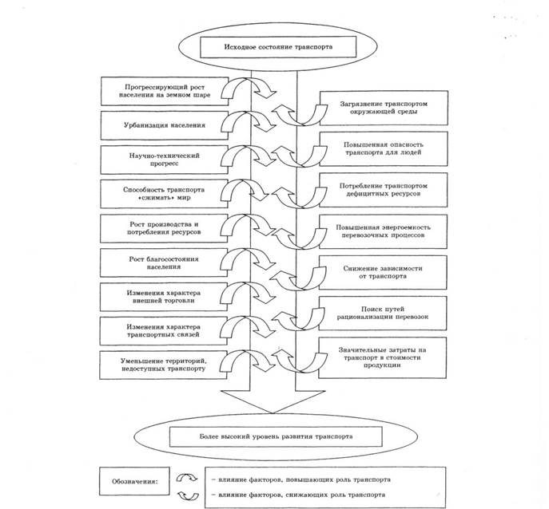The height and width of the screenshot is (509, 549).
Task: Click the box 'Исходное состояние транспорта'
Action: [278, 47]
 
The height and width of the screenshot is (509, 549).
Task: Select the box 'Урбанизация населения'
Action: [164, 125]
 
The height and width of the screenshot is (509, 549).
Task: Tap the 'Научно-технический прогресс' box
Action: [164, 160]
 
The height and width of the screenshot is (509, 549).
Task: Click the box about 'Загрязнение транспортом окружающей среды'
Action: [384, 108]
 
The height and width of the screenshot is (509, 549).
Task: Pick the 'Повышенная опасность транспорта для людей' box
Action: [384, 148]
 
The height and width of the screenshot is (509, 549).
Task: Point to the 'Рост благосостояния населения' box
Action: [164, 262]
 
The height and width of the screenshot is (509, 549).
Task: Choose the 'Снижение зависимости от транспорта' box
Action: [383, 272]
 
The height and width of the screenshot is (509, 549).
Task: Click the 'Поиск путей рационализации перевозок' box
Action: [383, 314]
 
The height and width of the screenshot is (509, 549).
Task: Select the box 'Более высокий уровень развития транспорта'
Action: [276, 436]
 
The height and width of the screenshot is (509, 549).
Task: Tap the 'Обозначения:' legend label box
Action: [134, 481]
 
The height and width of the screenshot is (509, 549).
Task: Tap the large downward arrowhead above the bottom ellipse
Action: [273, 402]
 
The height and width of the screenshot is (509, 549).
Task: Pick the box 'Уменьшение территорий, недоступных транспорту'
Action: [163, 365]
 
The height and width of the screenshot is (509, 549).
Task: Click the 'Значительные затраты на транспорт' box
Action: [382, 357]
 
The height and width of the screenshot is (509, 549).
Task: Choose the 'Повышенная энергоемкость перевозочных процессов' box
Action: [383, 231]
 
